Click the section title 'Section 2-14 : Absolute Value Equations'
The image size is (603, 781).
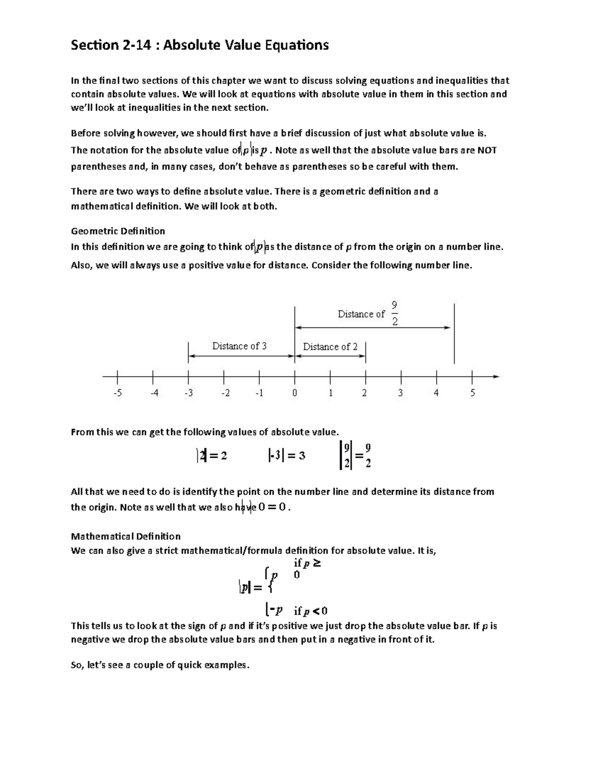point(199,45)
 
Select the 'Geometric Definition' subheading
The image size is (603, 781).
point(118,231)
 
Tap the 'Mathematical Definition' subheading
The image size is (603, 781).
point(126,536)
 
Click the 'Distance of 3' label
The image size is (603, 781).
point(239,346)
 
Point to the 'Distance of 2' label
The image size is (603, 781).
point(330,346)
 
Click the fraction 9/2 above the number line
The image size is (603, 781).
point(394,313)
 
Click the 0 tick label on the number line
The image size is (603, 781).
point(294,393)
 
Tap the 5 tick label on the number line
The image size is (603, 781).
point(472,393)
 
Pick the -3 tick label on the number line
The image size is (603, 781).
point(188,393)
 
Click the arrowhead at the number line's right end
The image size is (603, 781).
point(496,376)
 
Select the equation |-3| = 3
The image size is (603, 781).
point(286,456)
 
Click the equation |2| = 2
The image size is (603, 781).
point(212,456)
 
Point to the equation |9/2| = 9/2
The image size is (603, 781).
point(355,455)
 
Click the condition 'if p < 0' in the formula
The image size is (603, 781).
point(311,611)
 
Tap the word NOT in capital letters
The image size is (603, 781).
point(487,150)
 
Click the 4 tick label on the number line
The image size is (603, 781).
point(436,393)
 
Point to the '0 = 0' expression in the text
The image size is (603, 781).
point(273,507)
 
